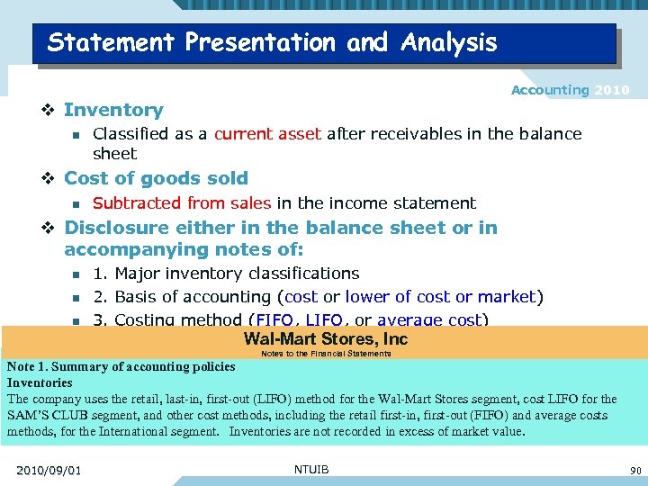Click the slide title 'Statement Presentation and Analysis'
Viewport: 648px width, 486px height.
[272, 42]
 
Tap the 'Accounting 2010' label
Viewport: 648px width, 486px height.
[570, 90]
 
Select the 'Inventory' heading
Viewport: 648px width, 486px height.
[113, 110]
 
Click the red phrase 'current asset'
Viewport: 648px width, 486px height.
[267, 134]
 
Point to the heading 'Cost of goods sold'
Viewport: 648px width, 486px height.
[156, 178]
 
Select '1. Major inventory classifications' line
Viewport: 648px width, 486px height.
[226, 274]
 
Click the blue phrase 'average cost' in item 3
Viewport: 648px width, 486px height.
[430, 319]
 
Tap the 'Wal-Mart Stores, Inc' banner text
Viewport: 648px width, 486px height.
[325, 339]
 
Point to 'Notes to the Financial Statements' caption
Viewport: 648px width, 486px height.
[326, 354]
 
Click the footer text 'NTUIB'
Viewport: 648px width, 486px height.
[311, 469]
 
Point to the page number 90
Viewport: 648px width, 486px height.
[635, 471]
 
